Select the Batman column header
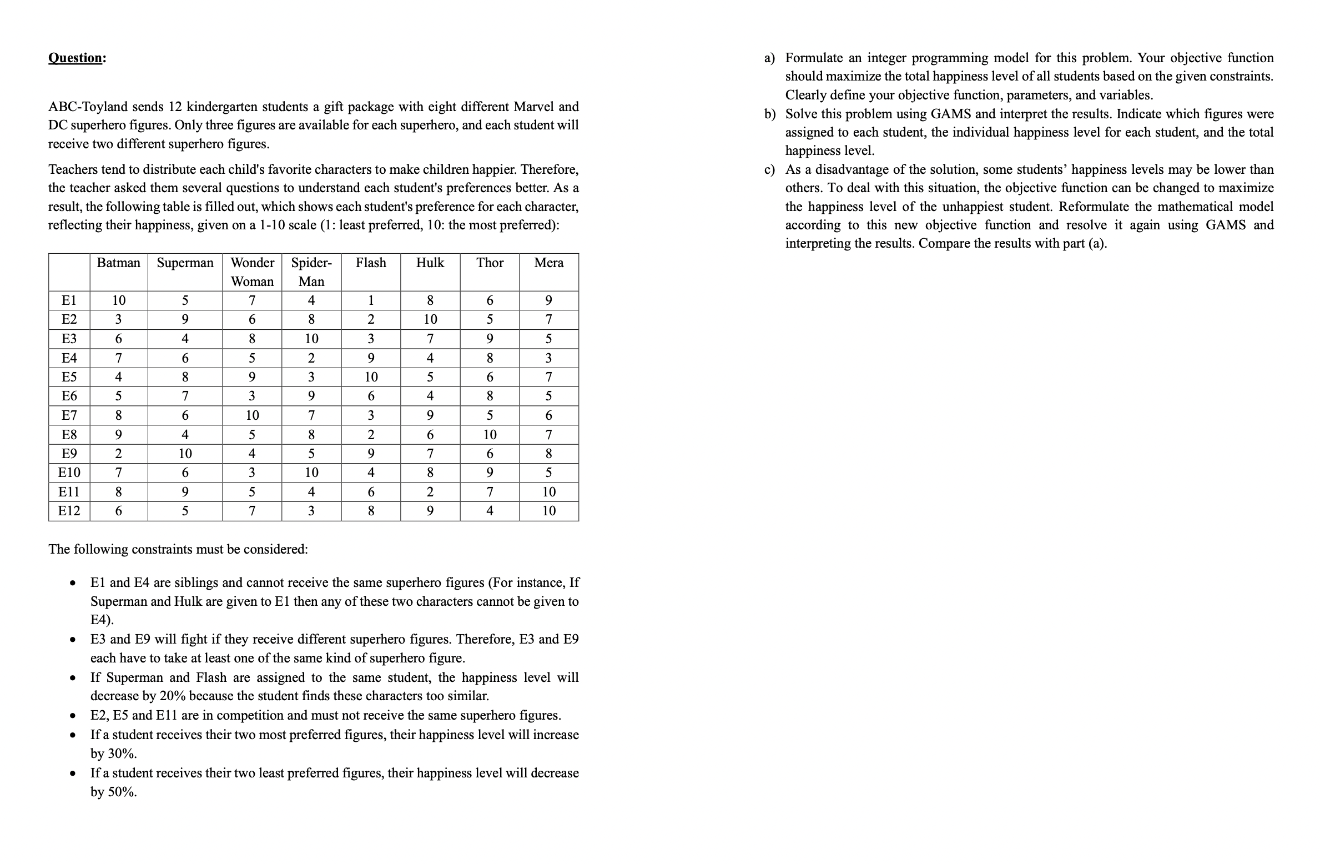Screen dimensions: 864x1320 pos(118,263)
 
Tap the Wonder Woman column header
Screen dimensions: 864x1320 pos(252,272)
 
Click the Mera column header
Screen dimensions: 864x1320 pos(548,263)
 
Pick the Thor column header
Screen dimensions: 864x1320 pos(490,263)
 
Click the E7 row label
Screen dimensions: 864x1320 pos(69,415)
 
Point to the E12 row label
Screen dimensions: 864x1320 pos(69,511)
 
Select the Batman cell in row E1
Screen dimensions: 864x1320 pos(118,300)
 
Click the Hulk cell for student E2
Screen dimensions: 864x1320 pos(430,319)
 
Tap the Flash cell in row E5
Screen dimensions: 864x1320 pos(371,377)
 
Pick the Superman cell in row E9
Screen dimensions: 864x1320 pos(185,454)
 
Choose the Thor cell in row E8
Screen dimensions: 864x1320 pos(490,434)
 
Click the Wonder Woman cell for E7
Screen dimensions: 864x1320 pos(252,415)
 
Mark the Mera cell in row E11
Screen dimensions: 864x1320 pos(548,492)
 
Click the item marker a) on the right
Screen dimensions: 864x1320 pos(769,58)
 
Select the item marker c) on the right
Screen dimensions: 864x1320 pos(769,169)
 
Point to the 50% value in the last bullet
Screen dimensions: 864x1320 pos(122,792)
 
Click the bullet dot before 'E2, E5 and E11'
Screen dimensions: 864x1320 pos(72,716)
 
